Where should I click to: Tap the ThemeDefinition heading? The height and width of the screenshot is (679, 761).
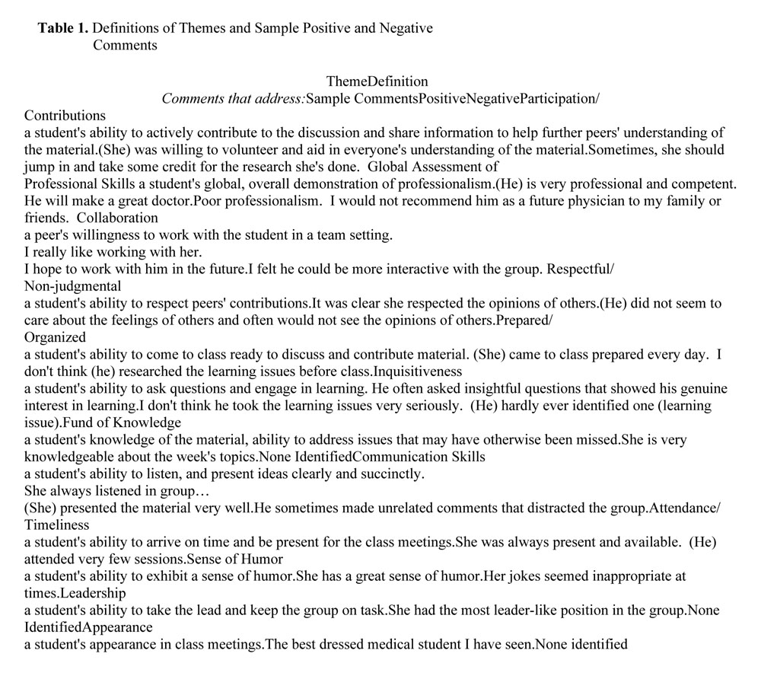[377, 81]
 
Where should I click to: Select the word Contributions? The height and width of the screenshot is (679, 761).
[65, 116]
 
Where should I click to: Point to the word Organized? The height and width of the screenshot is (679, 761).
[55, 336]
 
